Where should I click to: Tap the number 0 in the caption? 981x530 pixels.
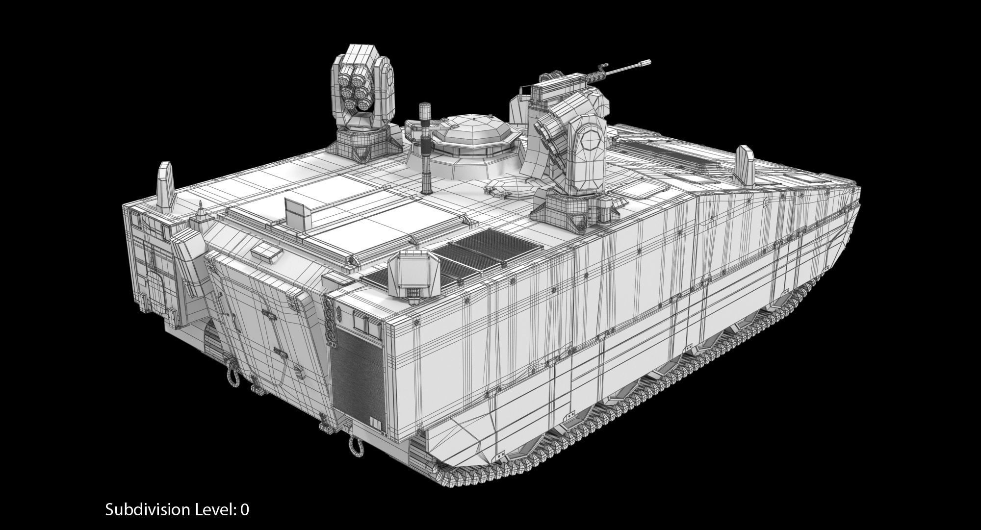pos(245,509)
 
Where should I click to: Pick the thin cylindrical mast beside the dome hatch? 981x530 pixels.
pos(424,147)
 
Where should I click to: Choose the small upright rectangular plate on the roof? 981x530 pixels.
pos(297,210)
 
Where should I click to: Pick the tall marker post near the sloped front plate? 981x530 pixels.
pos(165,186)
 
